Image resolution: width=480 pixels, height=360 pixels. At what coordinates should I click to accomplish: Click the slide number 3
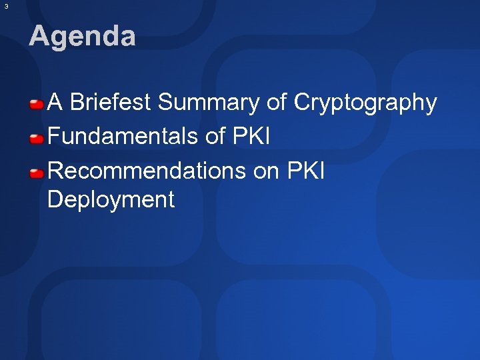6,6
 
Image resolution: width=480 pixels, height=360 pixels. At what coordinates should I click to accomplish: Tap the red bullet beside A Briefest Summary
37,104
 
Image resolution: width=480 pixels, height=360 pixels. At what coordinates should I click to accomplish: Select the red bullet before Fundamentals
37,139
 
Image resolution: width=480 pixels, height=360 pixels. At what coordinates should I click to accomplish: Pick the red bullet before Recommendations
37,173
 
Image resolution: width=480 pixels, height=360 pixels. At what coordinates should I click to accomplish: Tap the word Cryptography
365,103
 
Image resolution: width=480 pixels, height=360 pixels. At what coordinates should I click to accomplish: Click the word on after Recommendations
267,171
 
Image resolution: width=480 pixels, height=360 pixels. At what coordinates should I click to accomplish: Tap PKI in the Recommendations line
305,171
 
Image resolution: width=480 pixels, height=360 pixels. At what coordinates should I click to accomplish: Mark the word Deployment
111,199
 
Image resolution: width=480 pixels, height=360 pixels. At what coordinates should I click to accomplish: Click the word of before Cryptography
277,103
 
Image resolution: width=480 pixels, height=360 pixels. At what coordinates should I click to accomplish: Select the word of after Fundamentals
215,137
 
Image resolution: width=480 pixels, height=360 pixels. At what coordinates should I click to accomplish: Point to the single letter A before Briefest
55,103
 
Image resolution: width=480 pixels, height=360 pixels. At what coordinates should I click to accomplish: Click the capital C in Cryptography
302,103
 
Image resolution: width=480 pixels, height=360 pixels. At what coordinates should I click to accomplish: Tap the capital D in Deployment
55,199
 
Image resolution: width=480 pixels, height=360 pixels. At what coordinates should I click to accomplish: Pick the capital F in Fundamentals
53,137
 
